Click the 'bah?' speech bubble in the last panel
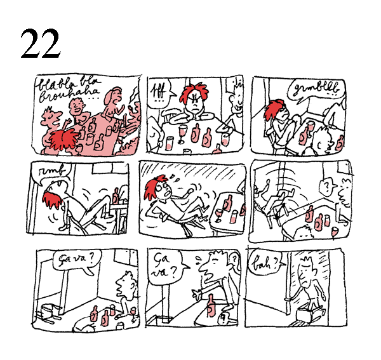(262, 261)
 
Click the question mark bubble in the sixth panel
(326, 187)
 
